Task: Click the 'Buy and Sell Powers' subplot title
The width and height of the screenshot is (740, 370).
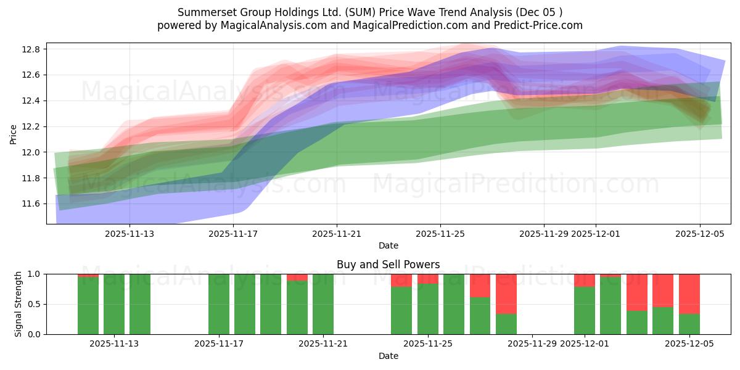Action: [388, 265]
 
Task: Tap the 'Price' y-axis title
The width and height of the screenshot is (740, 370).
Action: [14, 133]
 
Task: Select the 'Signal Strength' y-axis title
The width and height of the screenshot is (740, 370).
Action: [18, 304]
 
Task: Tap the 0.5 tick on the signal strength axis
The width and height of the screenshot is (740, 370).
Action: [34, 304]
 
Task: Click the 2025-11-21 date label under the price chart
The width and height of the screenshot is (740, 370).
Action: [337, 234]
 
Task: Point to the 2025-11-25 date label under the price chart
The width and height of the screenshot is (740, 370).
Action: [440, 234]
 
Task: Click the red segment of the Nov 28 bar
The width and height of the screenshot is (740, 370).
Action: [506, 294]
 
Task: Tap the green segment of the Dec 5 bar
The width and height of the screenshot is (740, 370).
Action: [689, 324]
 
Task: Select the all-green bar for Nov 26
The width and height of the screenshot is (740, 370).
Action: [454, 304]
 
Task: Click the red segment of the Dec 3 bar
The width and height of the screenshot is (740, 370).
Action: [637, 292]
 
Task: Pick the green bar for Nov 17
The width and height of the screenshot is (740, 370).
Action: [219, 304]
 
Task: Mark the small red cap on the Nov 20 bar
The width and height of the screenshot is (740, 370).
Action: [297, 277]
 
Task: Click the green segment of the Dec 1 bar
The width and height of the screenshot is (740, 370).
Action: [585, 310]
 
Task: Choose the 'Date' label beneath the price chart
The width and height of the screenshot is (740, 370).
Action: [388, 245]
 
